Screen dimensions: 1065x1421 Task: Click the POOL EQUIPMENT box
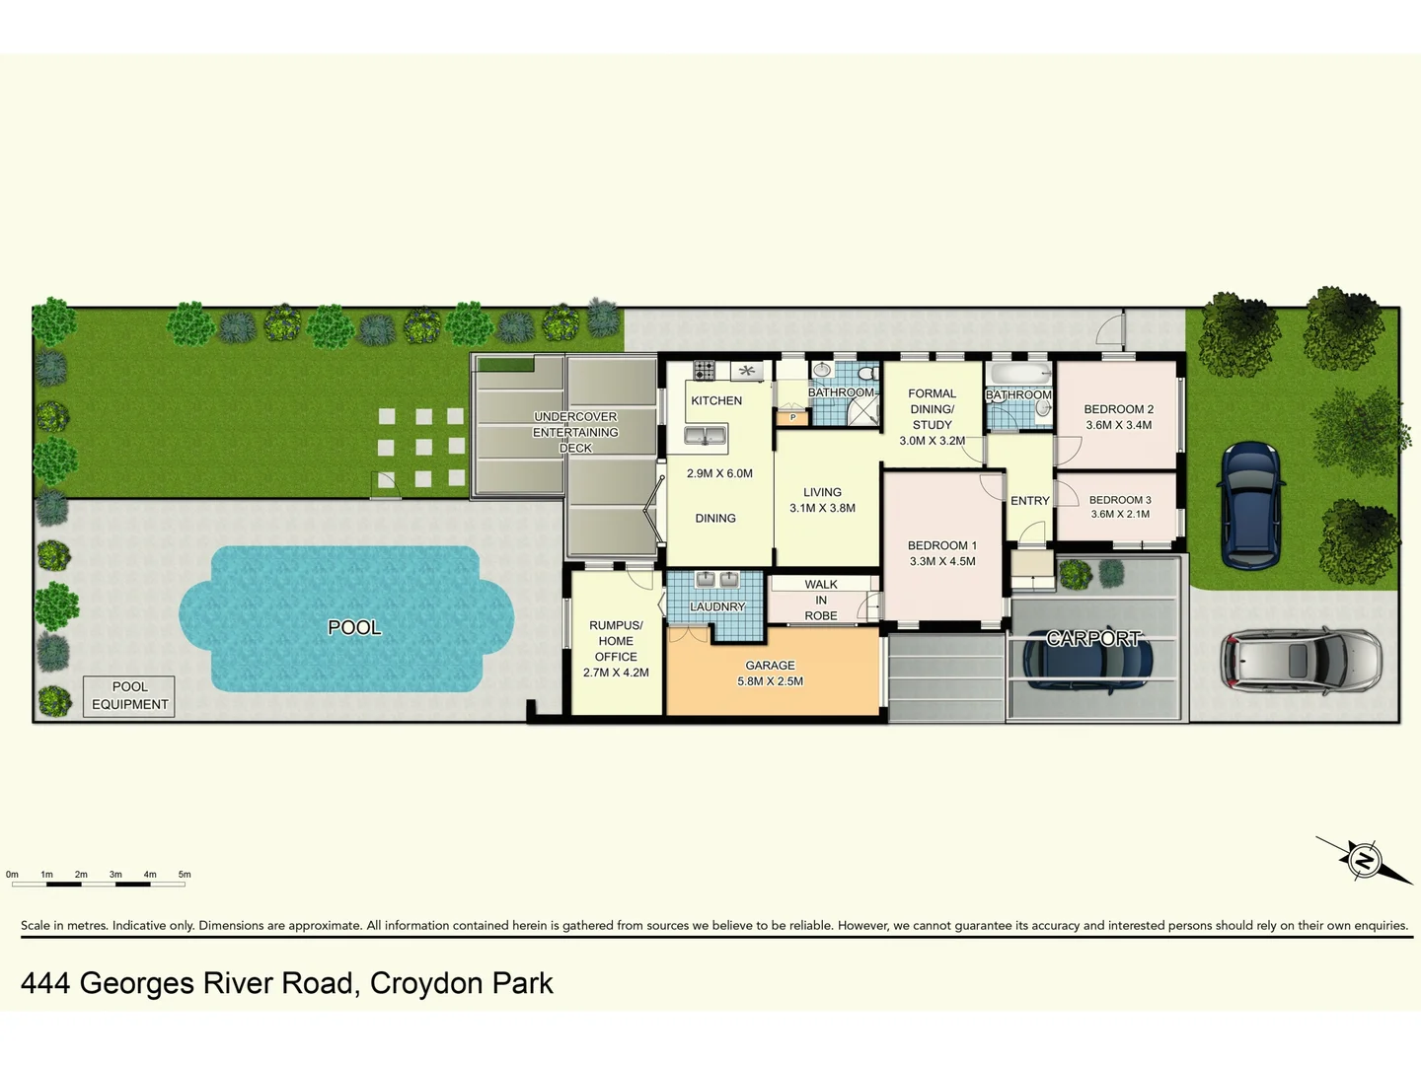point(129,695)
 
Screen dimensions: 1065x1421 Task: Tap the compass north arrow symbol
point(1364,860)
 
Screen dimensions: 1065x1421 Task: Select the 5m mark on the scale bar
point(185,875)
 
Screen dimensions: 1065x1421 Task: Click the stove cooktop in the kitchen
point(704,371)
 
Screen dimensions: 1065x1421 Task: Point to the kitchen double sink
point(706,435)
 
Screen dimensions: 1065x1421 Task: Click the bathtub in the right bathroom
point(1019,375)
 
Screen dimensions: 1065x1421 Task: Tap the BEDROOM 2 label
point(1118,409)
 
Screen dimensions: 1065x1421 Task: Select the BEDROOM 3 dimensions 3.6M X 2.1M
point(1119,514)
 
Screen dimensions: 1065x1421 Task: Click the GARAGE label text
point(770,666)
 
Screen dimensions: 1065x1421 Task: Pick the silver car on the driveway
point(1301,661)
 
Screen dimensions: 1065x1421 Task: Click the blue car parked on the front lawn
point(1250,505)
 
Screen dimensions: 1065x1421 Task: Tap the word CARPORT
point(1092,639)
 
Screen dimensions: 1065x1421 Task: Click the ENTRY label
point(1029,501)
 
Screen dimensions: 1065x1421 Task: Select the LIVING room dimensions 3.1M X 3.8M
point(822,508)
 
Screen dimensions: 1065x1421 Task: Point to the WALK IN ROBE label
point(820,600)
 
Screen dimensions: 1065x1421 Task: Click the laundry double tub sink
point(716,581)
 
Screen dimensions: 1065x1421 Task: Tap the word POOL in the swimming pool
point(354,627)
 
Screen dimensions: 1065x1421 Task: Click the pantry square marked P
point(792,418)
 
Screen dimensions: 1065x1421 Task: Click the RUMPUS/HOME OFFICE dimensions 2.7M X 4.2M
point(616,673)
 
